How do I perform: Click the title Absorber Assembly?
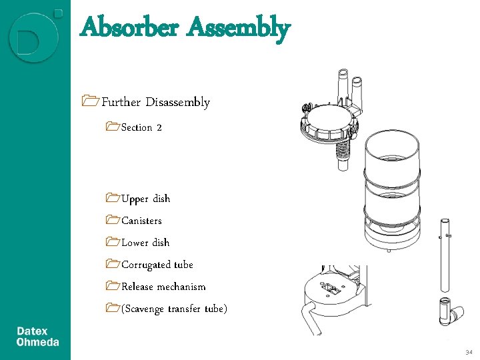(185, 28)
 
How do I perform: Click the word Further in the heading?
(121, 102)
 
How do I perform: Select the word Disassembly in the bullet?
(178, 102)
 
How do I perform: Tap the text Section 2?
(141, 127)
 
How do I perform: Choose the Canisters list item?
(141, 221)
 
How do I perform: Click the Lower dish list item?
(145, 243)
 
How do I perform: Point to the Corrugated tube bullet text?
(157, 265)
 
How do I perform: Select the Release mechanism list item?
(163, 287)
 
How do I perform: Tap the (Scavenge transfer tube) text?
(174, 309)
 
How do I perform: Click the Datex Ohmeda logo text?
(37, 337)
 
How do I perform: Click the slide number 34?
(469, 351)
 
